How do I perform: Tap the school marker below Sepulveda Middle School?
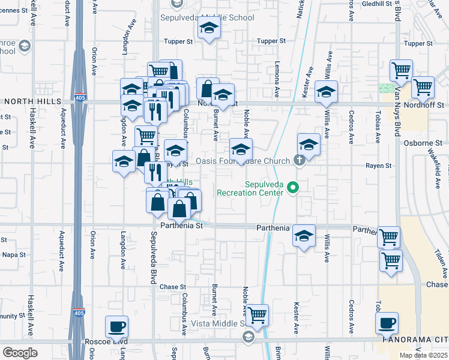(209, 29)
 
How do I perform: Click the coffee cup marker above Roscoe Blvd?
(116, 328)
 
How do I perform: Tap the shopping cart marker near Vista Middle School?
(258, 315)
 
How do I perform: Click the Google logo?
(20, 352)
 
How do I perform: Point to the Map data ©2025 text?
(424, 355)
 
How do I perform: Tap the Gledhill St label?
(376, 4)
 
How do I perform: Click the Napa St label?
(14, 254)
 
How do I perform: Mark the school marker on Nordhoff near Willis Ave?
(326, 92)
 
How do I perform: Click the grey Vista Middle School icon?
(247, 337)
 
